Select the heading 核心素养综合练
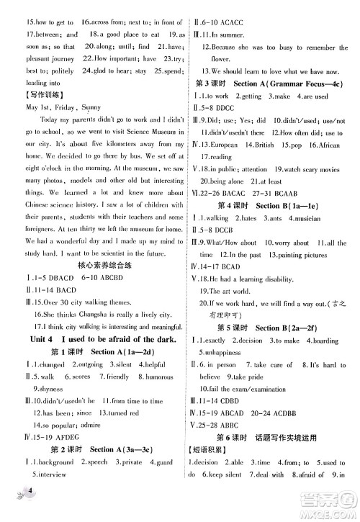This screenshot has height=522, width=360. click(94, 264)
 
